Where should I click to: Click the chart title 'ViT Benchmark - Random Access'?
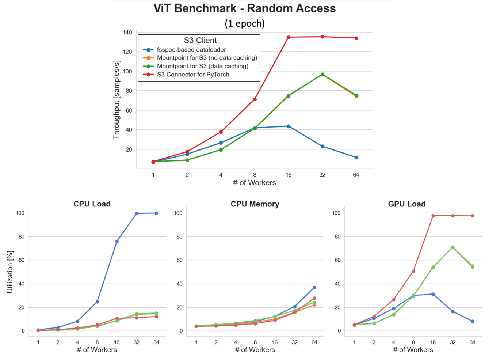click(244, 8)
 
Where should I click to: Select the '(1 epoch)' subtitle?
click(244, 23)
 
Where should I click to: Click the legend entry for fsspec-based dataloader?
click(191, 50)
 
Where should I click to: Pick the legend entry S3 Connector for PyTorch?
click(193, 75)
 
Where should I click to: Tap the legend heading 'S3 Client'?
click(200, 41)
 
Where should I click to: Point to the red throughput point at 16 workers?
click(289, 37)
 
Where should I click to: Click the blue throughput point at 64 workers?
click(356, 158)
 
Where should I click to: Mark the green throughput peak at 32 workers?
click(322, 75)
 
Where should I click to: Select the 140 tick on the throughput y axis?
click(127, 33)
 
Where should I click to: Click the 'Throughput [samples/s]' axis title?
click(117, 100)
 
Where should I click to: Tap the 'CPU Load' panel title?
click(92, 204)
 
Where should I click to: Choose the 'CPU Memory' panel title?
click(255, 204)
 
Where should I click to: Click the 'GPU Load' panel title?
click(406, 204)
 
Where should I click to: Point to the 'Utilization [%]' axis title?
click(10, 272)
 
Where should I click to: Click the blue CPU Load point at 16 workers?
click(117, 242)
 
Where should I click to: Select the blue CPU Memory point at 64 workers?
click(314, 288)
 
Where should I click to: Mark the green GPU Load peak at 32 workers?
click(453, 247)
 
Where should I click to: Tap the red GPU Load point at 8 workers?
click(413, 271)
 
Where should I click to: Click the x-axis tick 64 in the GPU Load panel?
click(472, 342)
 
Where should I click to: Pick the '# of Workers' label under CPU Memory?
click(255, 350)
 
